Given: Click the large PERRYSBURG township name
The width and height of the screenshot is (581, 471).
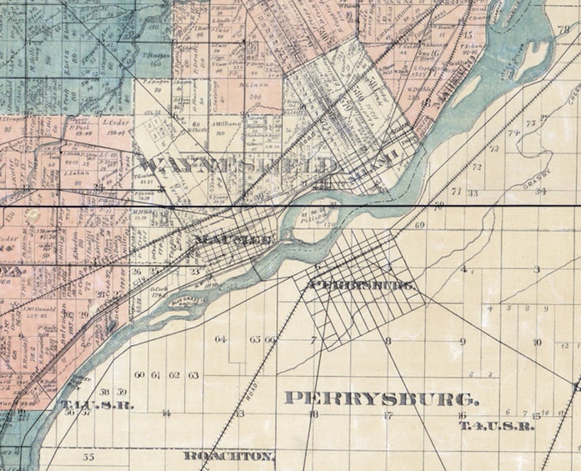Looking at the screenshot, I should pos(381,399).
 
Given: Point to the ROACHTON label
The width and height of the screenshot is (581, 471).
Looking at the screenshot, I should pos(229,456).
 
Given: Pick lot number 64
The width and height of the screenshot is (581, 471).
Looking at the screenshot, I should pos(220,339).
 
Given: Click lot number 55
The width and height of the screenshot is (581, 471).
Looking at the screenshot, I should pos(89,457).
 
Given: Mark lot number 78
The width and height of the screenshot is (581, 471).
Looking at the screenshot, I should pos(563,30).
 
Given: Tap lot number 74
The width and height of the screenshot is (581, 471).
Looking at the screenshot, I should pos(514,133).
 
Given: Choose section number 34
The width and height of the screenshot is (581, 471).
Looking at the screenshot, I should pos(540,192).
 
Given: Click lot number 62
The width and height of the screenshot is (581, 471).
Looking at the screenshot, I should pos(174,375).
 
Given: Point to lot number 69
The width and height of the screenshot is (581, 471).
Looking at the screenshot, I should pos(419,225).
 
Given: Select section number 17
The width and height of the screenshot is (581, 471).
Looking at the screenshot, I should pos(389,415).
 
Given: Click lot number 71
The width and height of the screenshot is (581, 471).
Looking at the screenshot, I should pos(456,192).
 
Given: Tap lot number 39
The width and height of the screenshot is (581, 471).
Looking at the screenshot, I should pos(121,393).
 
